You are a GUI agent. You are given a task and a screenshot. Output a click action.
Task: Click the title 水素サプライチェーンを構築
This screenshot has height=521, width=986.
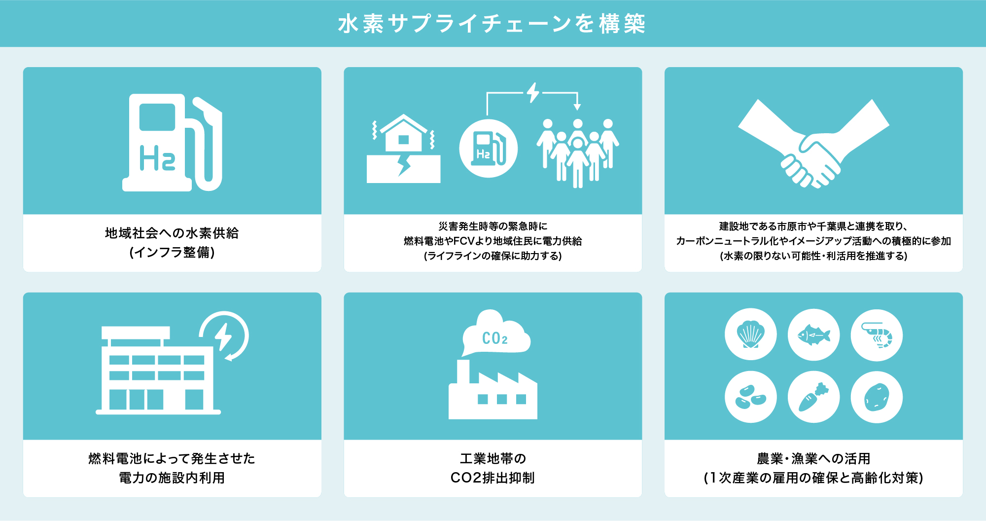492,24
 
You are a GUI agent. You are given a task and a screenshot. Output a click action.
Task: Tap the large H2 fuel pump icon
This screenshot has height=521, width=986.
172,143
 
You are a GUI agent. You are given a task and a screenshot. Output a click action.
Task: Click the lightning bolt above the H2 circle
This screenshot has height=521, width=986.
532,92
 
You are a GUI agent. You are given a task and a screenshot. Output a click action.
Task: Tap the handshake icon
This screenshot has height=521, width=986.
814,144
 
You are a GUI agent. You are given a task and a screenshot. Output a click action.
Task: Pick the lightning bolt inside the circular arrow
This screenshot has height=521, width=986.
223,336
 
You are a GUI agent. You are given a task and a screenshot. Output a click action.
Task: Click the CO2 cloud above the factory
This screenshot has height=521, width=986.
495,333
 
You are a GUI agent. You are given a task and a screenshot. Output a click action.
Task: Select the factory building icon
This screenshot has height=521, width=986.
493,390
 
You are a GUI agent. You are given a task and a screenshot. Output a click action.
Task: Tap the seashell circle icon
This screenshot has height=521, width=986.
751,335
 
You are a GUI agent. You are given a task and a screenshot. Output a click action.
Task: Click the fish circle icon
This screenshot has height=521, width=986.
814,335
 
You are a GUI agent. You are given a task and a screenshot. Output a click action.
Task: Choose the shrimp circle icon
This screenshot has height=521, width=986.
877,335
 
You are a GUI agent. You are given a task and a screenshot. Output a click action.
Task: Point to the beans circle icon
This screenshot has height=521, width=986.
751,397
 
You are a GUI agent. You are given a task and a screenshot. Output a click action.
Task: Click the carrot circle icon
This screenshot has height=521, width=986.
814,397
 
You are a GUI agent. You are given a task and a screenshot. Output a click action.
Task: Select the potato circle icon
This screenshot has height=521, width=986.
877,397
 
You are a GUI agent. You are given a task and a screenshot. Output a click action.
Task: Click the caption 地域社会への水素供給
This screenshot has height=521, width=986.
172,233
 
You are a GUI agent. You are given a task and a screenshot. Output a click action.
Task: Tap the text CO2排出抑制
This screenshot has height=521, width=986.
493,478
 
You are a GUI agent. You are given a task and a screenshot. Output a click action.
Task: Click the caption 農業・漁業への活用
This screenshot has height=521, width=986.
813,459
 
